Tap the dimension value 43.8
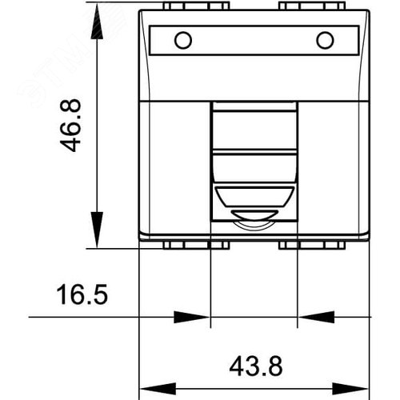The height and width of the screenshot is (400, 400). point(254,366)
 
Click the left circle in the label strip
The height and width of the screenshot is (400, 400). point(183,40)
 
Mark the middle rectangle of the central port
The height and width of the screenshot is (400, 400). point(254,163)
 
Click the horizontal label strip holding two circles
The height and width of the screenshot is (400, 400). point(254,40)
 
